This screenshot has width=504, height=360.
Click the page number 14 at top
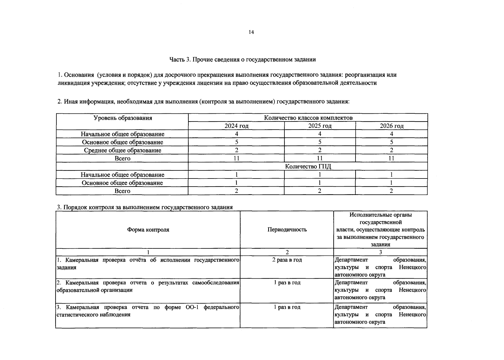tap(251, 32)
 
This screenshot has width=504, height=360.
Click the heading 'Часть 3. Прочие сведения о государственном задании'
tap(242, 59)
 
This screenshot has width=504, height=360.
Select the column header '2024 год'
tap(236, 126)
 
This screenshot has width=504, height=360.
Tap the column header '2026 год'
tap(391, 126)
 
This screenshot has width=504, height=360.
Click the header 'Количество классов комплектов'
tap(308, 118)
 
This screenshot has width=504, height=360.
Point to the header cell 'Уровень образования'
tap(123, 118)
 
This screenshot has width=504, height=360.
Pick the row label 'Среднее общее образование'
tap(123, 150)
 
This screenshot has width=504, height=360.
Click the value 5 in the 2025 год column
tap(320, 142)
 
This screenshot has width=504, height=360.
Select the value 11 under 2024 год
tap(236, 158)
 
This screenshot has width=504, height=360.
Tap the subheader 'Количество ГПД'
tap(308, 166)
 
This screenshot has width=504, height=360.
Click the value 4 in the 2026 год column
tap(391, 134)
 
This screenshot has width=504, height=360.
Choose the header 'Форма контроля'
tap(148, 230)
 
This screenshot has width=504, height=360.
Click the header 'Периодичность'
tap(287, 230)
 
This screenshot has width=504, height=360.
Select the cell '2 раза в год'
tap(287, 260)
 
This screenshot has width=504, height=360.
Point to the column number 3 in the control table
tap(380, 252)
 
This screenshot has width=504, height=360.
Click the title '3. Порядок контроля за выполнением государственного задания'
tap(145, 207)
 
